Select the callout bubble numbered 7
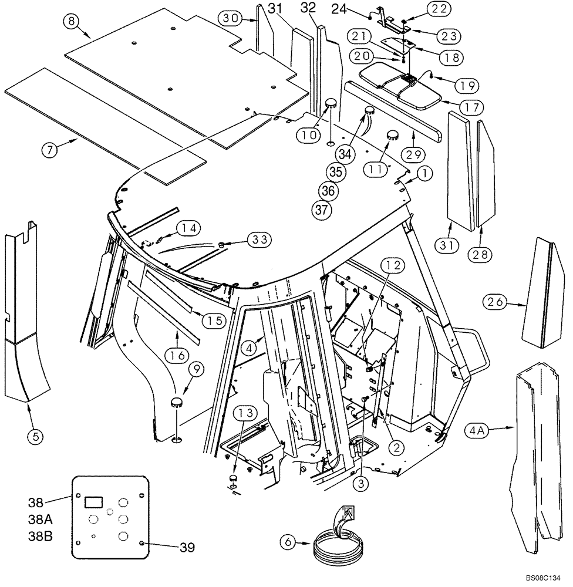50,150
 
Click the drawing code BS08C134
542,577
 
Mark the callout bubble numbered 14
188,227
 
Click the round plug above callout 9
177,402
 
